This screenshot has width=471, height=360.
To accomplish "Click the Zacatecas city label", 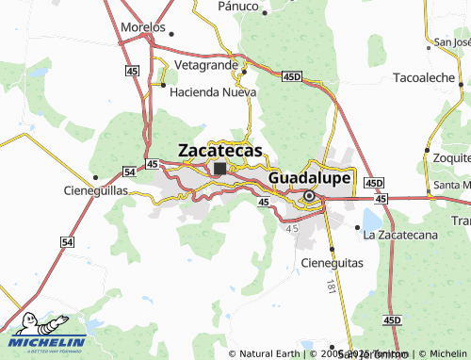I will tap(220, 149).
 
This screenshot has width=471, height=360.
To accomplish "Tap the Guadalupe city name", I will tap(310, 177).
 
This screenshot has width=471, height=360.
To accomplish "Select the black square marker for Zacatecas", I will tap(219, 169).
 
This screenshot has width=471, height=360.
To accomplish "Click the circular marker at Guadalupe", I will tap(309, 196).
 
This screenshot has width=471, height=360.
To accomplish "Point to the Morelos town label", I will tap(143, 27).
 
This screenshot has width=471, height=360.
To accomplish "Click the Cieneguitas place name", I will tap(331, 263).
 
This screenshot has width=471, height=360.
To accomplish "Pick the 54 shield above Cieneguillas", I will tap(128, 171).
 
